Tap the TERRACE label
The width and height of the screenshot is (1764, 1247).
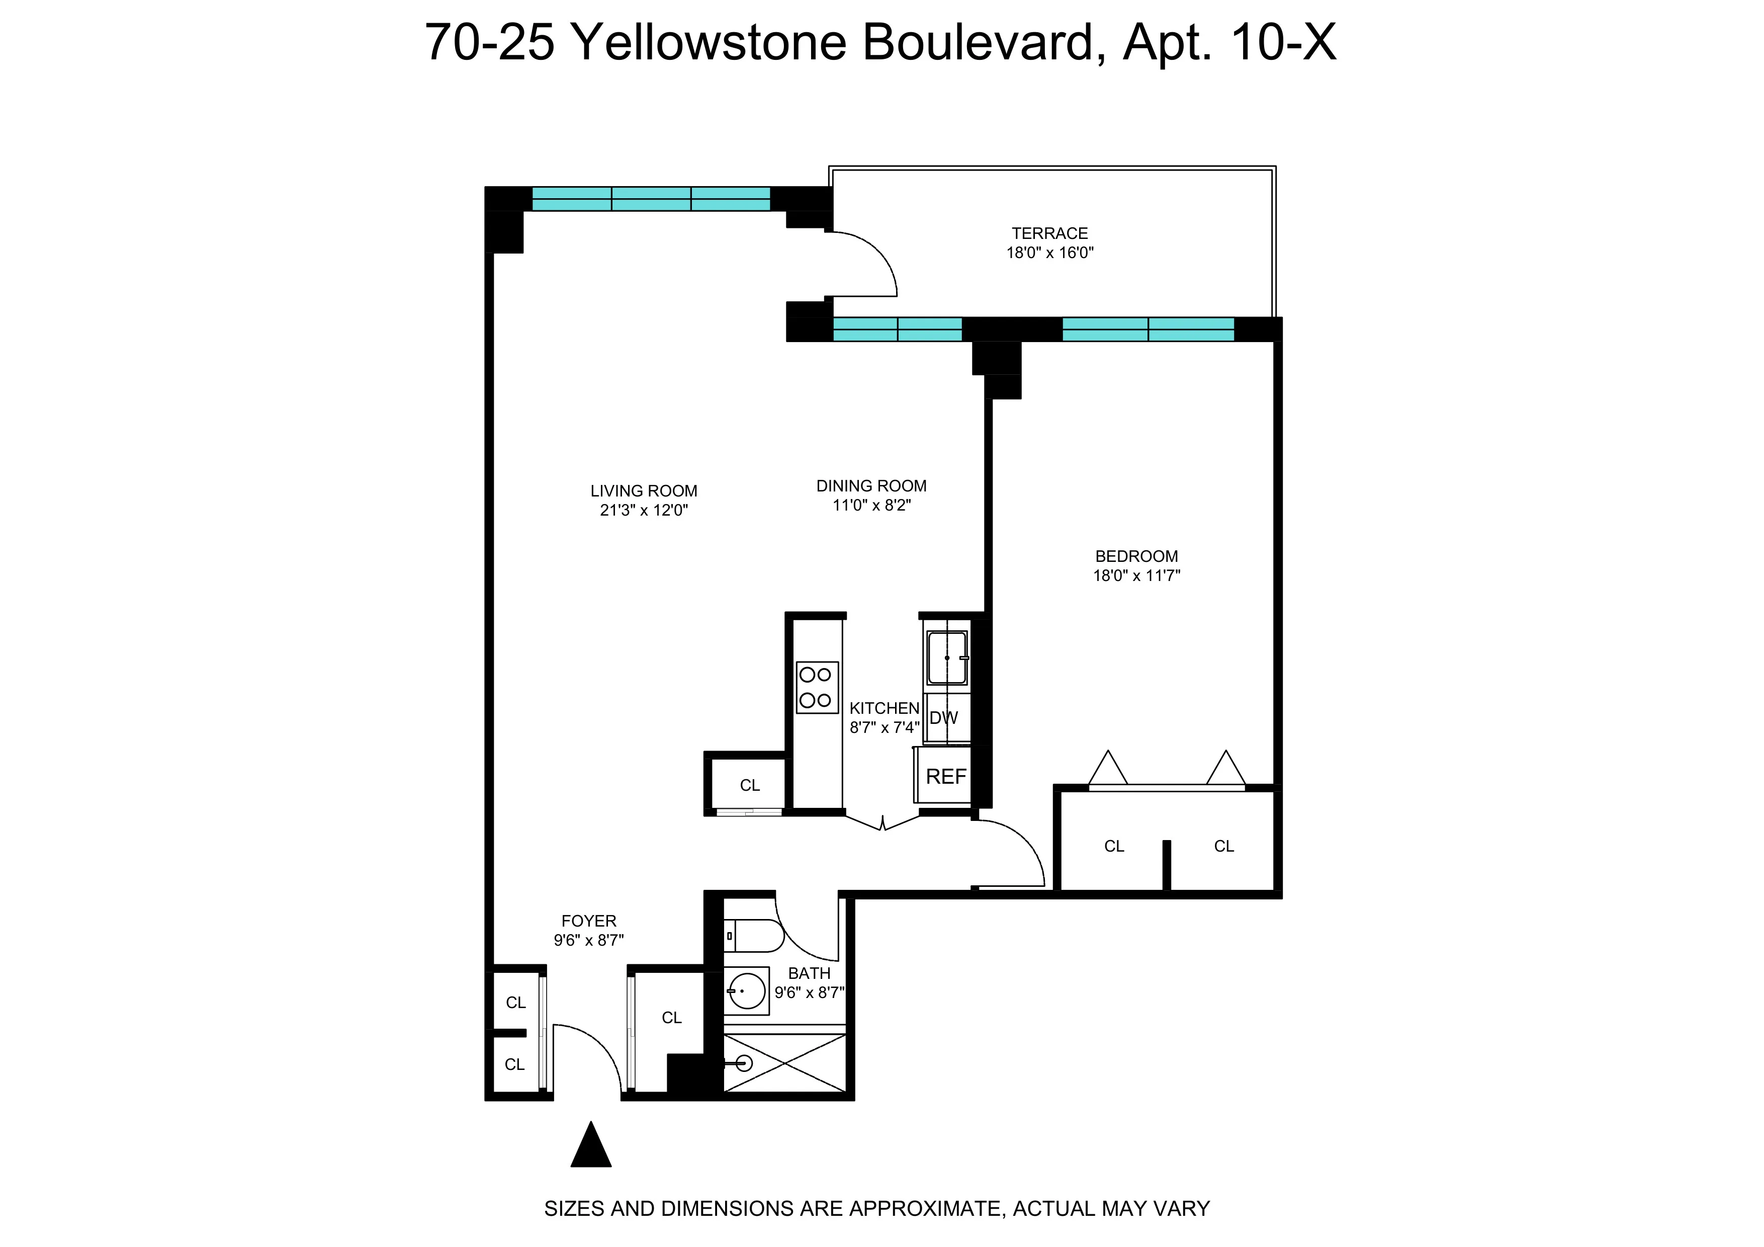(1049, 233)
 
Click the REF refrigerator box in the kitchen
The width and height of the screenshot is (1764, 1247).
(945, 777)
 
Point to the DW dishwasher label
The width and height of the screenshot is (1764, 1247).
(943, 718)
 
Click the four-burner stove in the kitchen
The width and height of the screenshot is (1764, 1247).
(816, 687)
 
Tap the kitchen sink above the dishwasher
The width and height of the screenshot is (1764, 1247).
(946, 657)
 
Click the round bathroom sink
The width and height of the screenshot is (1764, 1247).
(746, 990)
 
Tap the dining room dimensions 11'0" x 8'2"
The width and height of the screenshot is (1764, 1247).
(871, 506)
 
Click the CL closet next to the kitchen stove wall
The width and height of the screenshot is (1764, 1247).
(749, 785)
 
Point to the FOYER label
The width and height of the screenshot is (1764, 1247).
(588, 921)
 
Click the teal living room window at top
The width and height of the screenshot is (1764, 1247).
(651, 199)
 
